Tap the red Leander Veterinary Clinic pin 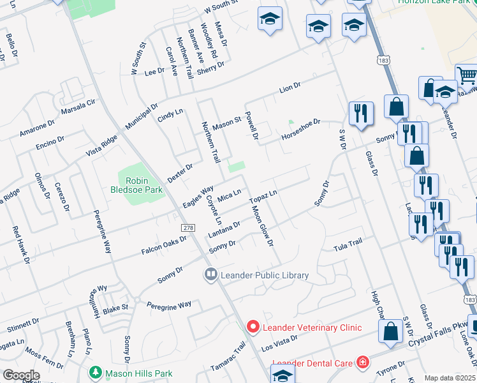point(253,327)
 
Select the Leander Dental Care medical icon point(362,363)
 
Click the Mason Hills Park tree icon point(96,372)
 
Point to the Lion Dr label point(290,87)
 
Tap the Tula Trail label point(348,244)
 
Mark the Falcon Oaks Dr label point(165,247)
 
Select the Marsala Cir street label point(78,107)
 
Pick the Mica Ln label point(230,194)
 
